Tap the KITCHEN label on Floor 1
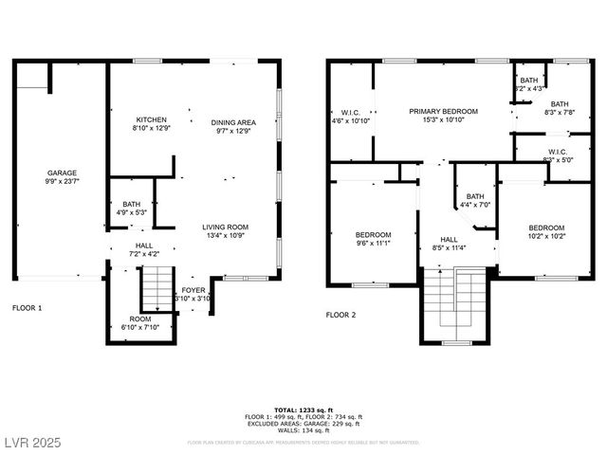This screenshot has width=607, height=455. coord(151,120)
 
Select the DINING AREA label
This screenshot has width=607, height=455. coord(232,122)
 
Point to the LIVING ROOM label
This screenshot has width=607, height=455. coord(225,227)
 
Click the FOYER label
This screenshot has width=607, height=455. coord(193,291)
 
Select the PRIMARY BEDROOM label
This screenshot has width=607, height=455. coord(443,112)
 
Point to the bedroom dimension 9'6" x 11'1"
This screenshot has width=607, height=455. coord(373,243)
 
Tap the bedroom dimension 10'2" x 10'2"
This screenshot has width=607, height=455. coord(545,236)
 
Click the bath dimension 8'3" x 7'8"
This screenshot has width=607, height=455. coord(559,112)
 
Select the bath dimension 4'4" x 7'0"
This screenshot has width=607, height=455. coord(474,205)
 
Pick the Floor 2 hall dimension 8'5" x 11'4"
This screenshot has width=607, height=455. coord(450,248)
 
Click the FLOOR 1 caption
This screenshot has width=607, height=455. coord(27,308)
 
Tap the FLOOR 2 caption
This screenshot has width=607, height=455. coord(340,314)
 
